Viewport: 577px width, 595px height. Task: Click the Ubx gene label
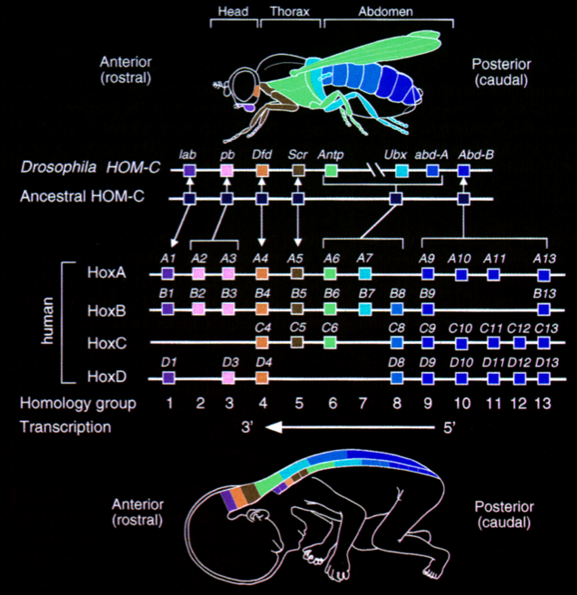[x=395, y=155]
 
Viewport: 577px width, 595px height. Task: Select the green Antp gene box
[x=331, y=170]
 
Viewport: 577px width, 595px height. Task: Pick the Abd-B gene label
[x=476, y=155]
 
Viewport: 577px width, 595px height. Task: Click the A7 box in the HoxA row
[x=365, y=274]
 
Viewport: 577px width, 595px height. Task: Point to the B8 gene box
[x=397, y=309]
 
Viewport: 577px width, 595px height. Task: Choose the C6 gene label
[x=330, y=328]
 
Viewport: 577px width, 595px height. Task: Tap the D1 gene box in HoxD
[x=168, y=377]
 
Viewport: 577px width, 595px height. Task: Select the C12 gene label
[x=518, y=329]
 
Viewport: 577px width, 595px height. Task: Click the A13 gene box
[x=544, y=275]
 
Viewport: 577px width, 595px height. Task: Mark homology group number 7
[x=363, y=403]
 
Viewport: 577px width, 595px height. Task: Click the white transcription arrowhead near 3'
[x=274, y=427]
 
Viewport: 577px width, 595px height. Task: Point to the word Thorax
[x=290, y=12]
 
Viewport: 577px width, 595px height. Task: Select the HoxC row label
[x=107, y=343]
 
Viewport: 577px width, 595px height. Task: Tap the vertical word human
[x=48, y=320]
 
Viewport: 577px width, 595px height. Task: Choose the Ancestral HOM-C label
[x=82, y=196]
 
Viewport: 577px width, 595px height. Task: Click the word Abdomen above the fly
[x=386, y=12]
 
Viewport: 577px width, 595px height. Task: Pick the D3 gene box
[x=228, y=377]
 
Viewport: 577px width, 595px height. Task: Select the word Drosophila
[x=58, y=168]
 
